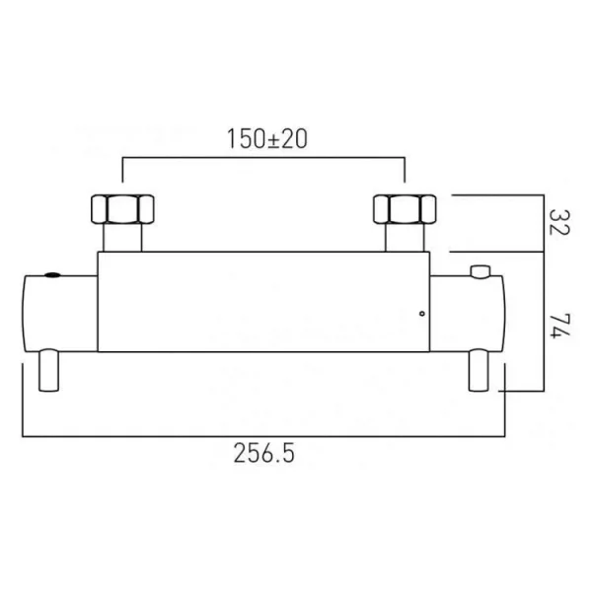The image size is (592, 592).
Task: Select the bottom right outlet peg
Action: pos(479,372)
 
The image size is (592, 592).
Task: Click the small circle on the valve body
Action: pos(422,315)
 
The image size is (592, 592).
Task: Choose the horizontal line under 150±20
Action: pos(264,156)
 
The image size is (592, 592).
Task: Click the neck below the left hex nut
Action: pos(121,240)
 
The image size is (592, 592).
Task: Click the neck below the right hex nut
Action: pos(405,240)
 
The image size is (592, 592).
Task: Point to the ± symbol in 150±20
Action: pos(266,139)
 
